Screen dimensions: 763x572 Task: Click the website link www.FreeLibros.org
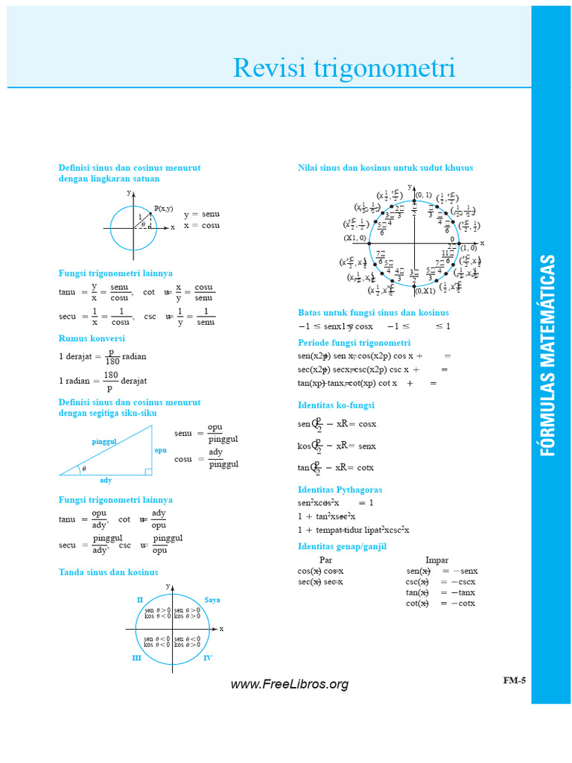click(289, 684)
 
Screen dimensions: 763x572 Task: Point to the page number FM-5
click(514, 680)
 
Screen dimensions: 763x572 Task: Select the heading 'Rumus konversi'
click(92, 338)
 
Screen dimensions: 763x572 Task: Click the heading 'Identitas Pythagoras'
click(340, 490)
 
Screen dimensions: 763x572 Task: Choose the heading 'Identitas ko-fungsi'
click(336, 405)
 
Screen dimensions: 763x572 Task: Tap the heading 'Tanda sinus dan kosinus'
click(109, 572)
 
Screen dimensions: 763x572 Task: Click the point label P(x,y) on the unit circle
click(163, 209)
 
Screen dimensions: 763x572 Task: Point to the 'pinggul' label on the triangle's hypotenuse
click(104, 442)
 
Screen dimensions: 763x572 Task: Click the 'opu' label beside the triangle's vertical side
click(160, 450)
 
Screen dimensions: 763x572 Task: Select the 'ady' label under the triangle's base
click(106, 480)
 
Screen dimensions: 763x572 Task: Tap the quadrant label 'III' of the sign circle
click(136, 658)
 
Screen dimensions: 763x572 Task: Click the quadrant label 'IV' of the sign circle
click(208, 658)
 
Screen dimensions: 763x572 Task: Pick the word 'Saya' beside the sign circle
click(212, 600)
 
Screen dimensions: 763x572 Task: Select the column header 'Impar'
click(436, 560)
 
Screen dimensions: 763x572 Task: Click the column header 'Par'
click(325, 560)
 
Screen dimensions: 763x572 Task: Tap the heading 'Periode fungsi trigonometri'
click(354, 343)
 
